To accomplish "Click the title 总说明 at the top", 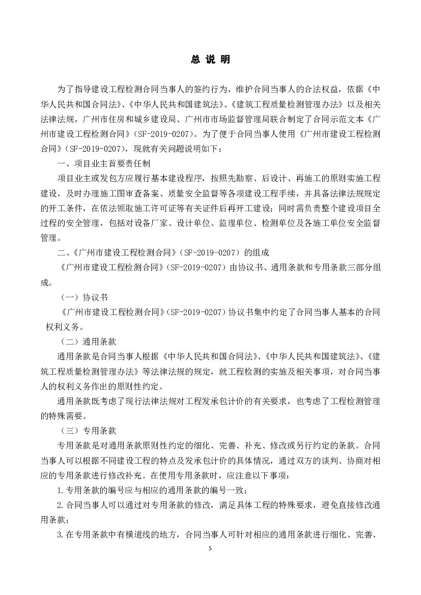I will click(210, 60).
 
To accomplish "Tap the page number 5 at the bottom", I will click(210, 548).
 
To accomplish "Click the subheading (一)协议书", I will click(83, 297).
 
